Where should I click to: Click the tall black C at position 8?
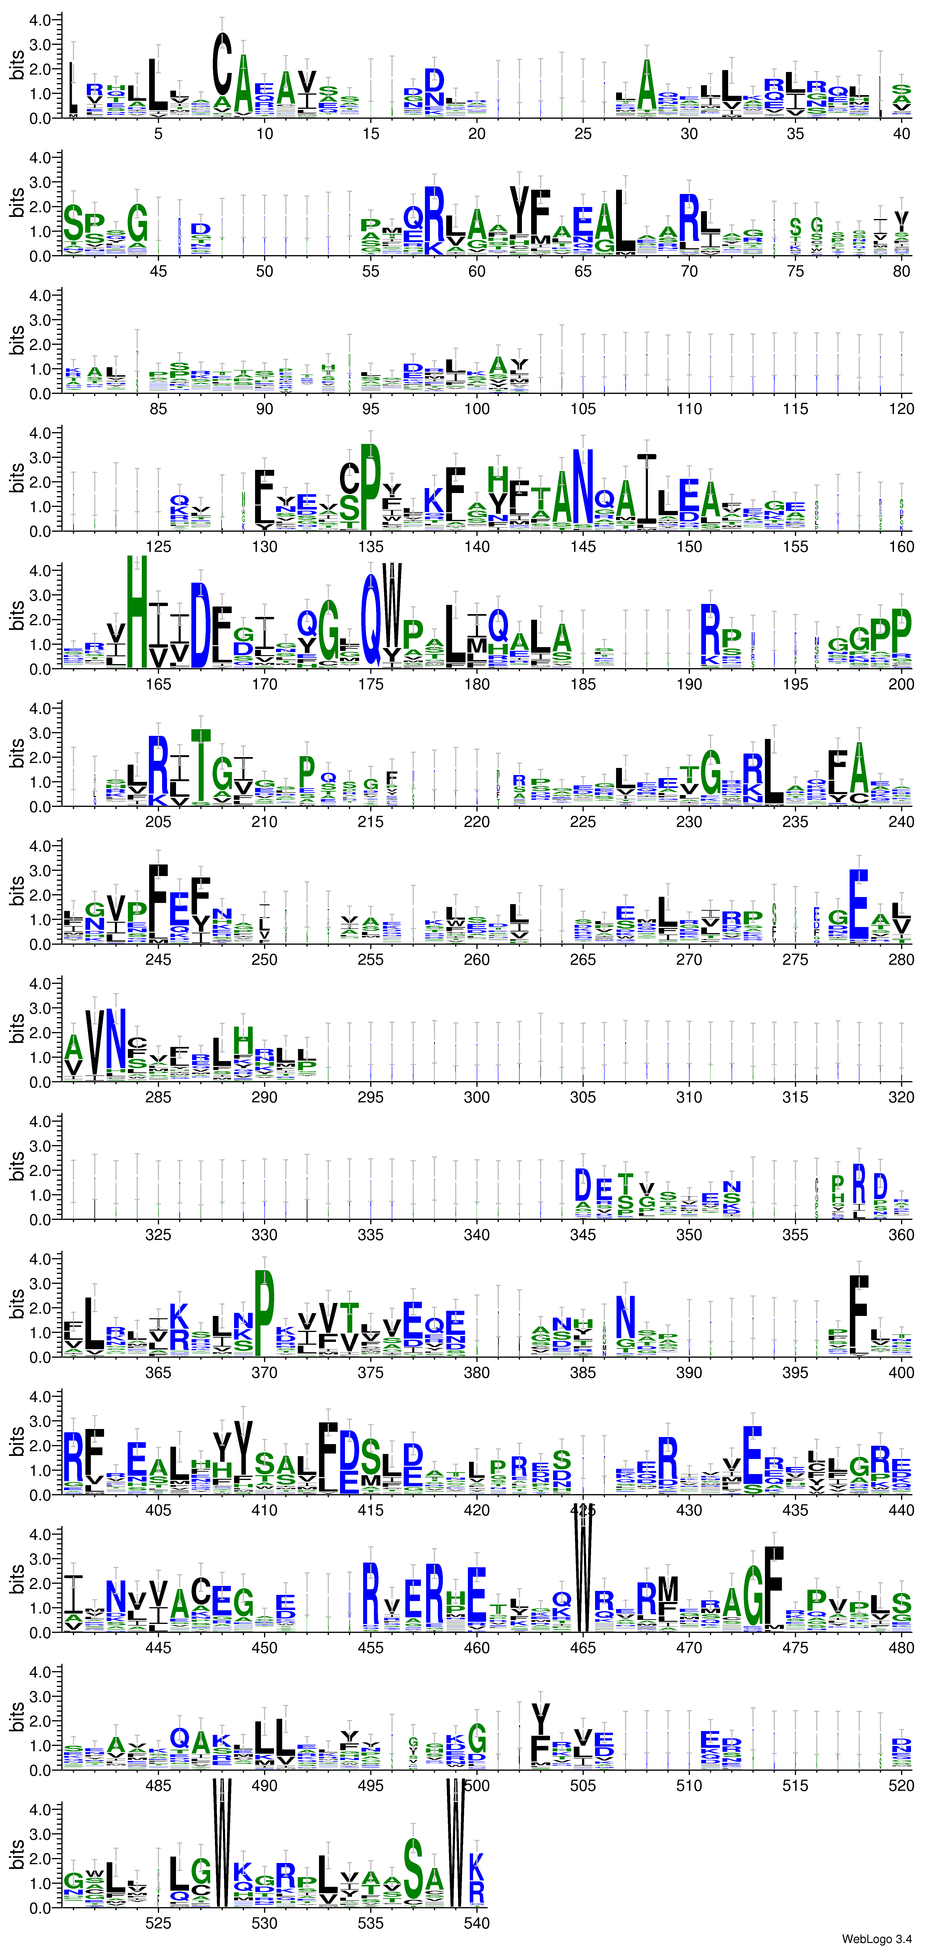point(221,64)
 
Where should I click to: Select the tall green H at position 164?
point(137,611)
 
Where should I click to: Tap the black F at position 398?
point(859,1315)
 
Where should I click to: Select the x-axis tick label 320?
point(901,1097)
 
